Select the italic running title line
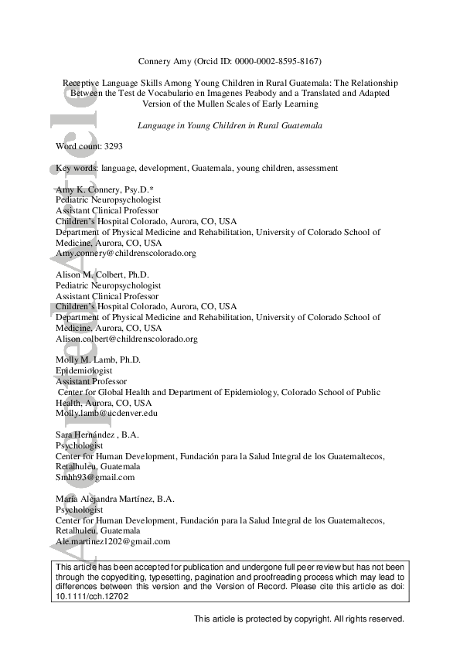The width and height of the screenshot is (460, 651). coord(230,124)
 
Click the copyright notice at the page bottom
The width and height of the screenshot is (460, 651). coord(298,619)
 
